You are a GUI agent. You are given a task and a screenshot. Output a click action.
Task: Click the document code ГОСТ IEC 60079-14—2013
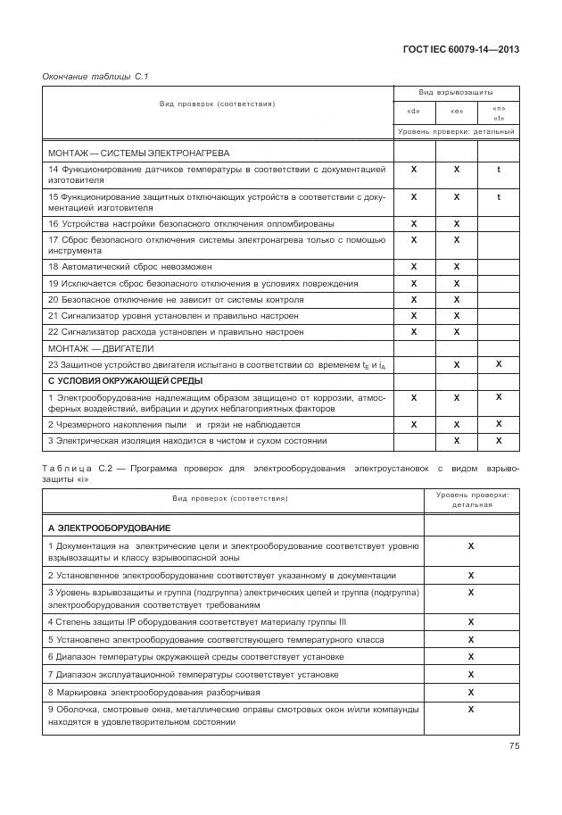click(459, 49)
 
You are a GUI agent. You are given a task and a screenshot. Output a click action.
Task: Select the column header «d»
click(414, 112)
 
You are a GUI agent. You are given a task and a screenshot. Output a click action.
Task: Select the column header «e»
click(457, 112)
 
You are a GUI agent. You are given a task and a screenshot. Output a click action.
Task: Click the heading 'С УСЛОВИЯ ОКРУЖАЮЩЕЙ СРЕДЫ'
click(120, 381)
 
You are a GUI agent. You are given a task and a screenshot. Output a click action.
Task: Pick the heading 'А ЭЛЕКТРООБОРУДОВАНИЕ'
click(109, 528)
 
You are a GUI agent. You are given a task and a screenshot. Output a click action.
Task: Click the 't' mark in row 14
click(499, 169)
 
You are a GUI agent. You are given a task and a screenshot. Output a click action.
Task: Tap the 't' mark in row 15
click(499, 196)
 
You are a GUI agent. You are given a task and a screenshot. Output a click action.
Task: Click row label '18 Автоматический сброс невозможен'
click(130, 267)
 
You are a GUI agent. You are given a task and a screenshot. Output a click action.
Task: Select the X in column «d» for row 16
click(414, 223)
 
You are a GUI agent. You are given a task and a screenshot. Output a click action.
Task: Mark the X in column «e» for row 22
click(457, 331)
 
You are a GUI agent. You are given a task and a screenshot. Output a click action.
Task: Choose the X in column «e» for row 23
click(457, 364)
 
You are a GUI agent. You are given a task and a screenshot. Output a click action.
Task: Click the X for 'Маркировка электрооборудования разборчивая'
click(470, 691)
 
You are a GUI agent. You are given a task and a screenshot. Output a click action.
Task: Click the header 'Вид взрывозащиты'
click(456, 93)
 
